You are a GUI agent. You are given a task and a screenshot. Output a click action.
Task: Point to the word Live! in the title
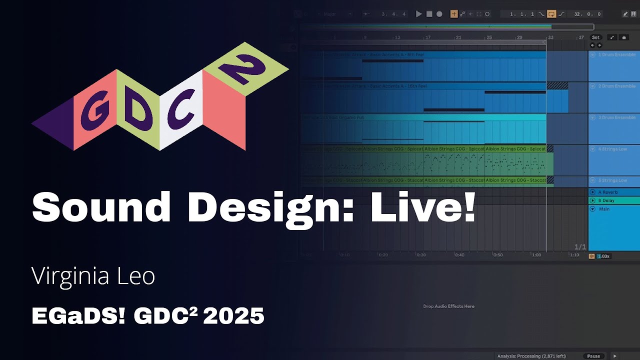(x=422, y=207)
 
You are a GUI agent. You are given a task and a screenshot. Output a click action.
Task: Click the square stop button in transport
(x=429, y=14)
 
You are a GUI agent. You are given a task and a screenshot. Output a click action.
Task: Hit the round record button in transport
(x=439, y=14)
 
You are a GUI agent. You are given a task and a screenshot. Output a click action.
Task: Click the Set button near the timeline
(x=595, y=37)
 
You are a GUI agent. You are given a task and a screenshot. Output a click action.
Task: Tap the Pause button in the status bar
(x=593, y=356)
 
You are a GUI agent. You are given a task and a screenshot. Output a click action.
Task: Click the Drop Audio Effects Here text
(x=448, y=306)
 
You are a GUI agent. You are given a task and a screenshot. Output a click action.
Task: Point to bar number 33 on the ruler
(x=550, y=37)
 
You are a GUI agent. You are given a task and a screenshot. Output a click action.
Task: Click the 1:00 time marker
(x=536, y=255)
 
